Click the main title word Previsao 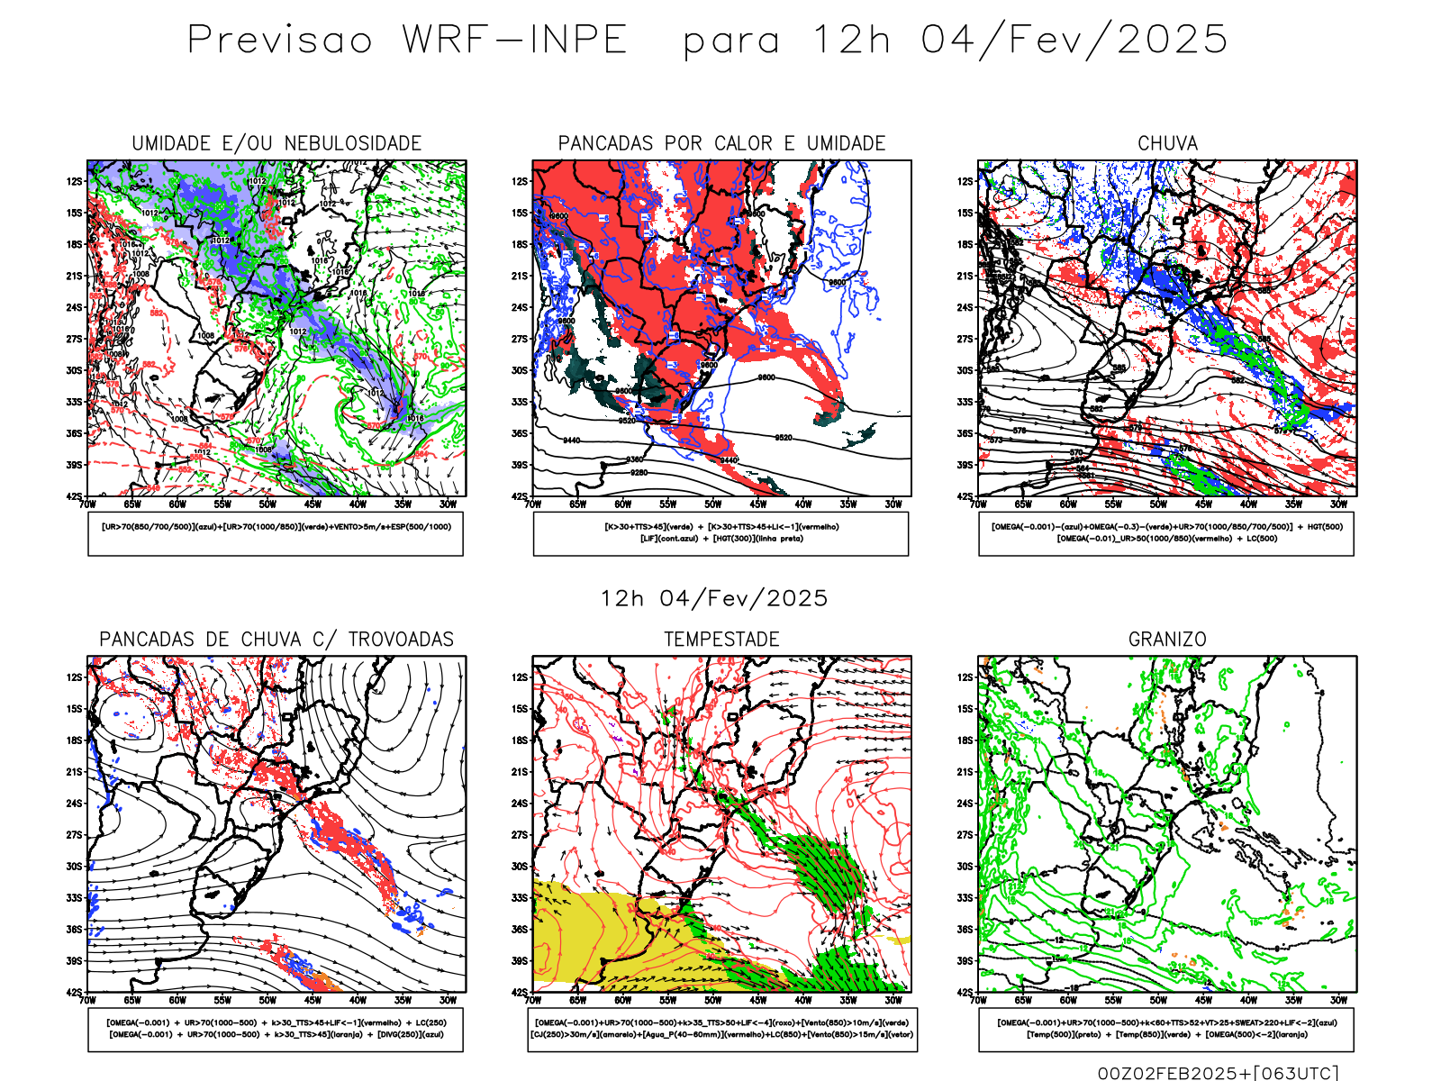[279, 41]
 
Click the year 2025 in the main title [1172, 41]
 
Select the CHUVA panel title [1167, 143]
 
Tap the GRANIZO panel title [1167, 640]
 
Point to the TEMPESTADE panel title [721, 640]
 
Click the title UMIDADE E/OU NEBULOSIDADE [276, 143]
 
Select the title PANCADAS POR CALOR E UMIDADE [721, 143]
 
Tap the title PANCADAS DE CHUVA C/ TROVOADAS [276, 640]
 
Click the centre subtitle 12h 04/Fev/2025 [714, 598]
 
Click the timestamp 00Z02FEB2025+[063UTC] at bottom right [1218, 1072]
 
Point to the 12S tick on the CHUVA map [965, 181]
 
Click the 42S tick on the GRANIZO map [965, 992]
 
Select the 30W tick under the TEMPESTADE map [893, 1000]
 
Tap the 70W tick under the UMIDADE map [87, 504]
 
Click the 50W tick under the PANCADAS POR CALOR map [712, 504]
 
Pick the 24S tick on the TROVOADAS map [74, 804]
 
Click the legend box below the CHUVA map [1166, 533]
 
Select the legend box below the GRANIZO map [1166, 1029]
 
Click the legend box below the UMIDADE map [276, 533]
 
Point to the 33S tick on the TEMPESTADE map [520, 898]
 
